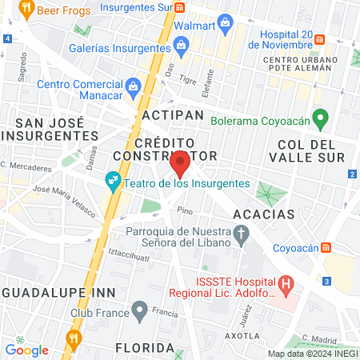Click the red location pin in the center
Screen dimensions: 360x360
180,164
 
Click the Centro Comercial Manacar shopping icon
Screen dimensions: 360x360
133,85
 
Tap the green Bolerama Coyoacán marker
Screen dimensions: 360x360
320,120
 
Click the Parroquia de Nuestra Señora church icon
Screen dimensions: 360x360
242,233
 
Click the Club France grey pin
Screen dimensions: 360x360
140,309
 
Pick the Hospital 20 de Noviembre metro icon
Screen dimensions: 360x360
319,38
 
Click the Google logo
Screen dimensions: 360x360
26,350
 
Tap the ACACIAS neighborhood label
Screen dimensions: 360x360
264,214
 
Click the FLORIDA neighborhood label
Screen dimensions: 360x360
145,348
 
